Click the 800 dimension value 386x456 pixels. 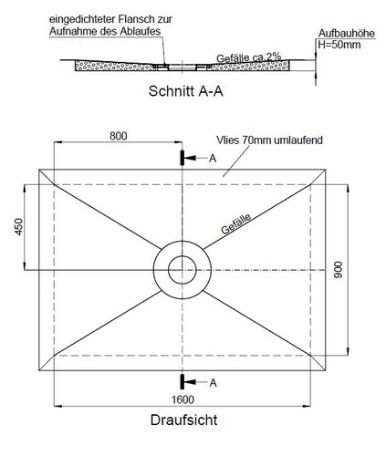click(x=119, y=136)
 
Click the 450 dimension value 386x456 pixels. click(x=19, y=227)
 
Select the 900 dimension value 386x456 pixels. click(x=338, y=270)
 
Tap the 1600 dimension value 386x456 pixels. click(x=183, y=399)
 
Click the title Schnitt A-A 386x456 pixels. click(x=186, y=91)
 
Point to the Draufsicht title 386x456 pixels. click(x=183, y=420)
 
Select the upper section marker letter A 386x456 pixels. click(x=213, y=159)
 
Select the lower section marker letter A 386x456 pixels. click(x=213, y=383)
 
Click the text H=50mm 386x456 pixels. click(x=339, y=45)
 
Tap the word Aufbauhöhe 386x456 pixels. click(x=347, y=34)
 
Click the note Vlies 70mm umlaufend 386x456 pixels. click(x=269, y=140)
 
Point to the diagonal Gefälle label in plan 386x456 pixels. click(x=236, y=223)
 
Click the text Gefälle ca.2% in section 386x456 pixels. click(x=248, y=57)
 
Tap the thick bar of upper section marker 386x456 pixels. click(x=183, y=158)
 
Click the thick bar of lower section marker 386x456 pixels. click(x=183, y=381)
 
